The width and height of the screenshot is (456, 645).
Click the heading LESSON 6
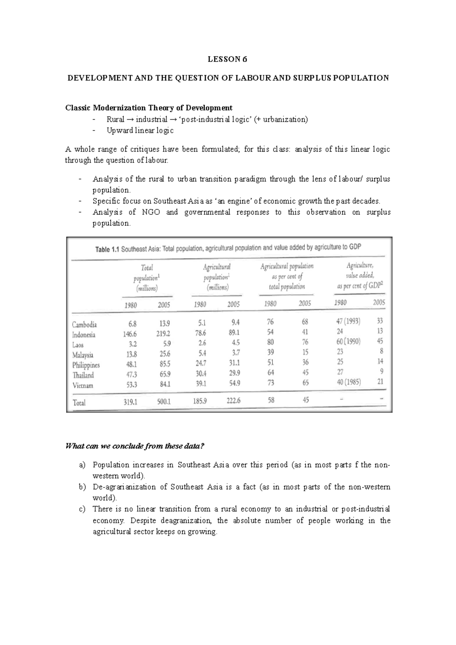coord(227,59)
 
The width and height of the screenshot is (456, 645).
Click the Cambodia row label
coord(84,324)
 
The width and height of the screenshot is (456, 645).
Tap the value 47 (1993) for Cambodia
coord(348,321)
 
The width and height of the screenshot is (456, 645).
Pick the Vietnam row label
coord(82,385)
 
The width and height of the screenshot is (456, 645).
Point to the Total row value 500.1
coord(163,402)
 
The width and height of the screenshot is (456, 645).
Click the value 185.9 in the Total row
coord(199,401)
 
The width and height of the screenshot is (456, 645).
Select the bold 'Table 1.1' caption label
coord(107,250)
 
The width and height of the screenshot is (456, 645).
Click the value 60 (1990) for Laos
coord(348,341)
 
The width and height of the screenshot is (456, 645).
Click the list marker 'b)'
coord(82,487)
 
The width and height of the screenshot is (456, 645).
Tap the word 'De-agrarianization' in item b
coord(124,487)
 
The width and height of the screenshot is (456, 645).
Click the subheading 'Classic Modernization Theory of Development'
coord(149,107)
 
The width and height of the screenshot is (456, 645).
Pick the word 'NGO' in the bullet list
coord(150,212)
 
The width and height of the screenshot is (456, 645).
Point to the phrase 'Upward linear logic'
coord(140,130)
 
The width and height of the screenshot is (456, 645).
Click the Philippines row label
coord(86,365)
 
